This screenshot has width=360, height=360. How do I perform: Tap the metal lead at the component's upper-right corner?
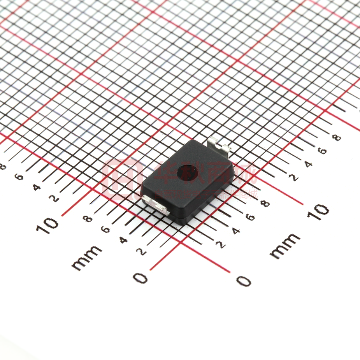coord(219,146)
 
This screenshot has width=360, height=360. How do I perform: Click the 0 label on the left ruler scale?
coord(141,278)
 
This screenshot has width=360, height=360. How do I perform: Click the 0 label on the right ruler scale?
coord(244,281)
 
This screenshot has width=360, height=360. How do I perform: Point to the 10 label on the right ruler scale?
coord(318,212)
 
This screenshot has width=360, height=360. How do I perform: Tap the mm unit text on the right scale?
coord(285,246)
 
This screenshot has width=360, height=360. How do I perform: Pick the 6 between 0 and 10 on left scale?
coord(105,229)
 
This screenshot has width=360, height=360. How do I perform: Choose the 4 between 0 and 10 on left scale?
coord(123,239)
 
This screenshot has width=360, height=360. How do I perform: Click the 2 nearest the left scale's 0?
coord(142,251)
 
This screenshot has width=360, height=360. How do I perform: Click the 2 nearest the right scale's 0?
coord(221,244)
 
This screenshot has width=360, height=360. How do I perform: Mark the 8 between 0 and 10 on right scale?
coord(265,204)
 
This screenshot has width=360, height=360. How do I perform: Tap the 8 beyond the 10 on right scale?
coord(337,137)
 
